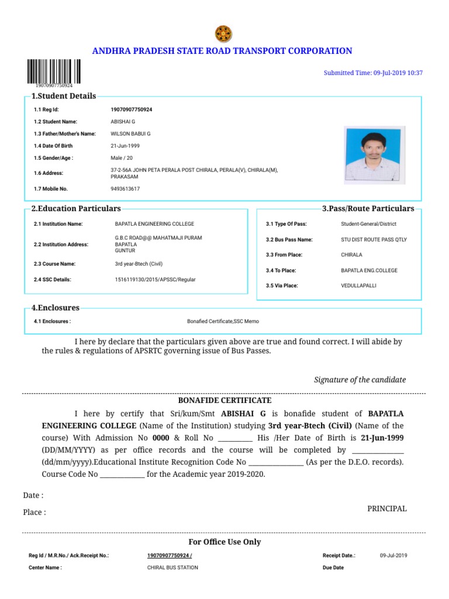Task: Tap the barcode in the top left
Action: pyautogui.click(x=54, y=71)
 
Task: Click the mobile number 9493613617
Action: pyautogui.click(x=125, y=189)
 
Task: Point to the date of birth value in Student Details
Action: pyautogui.click(x=125, y=146)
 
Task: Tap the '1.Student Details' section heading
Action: pyautogui.click(x=63, y=96)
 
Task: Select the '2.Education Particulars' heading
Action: pyautogui.click(x=76, y=209)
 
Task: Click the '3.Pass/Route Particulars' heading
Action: pyautogui.click(x=368, y=209)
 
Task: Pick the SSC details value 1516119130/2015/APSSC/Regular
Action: pyautogui.click(x=155, y=280)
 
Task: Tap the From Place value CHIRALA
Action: pyautogui.click(x=352, y=255)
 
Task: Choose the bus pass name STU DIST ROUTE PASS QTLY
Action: pyautogui.click(x=374, y=240)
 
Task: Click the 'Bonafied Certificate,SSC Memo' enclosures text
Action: pyautogui.click(x=223, y=322)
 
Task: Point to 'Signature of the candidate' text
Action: pyautogui.click(x=360, y=380)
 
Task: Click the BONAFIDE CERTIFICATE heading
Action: pyautogui.click(x=224, y=401)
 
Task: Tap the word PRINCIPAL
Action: pyautogui.click(x=386, y=508)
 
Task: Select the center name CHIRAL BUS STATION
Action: pyautogui.click(x=172, y=567)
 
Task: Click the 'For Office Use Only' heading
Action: pyautogui.click(x=224, y=542)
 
